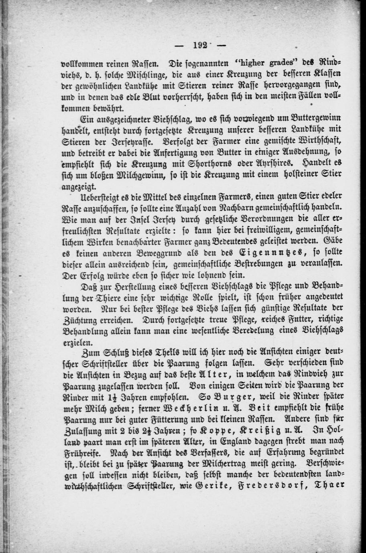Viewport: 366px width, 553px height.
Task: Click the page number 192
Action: (199, 45)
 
